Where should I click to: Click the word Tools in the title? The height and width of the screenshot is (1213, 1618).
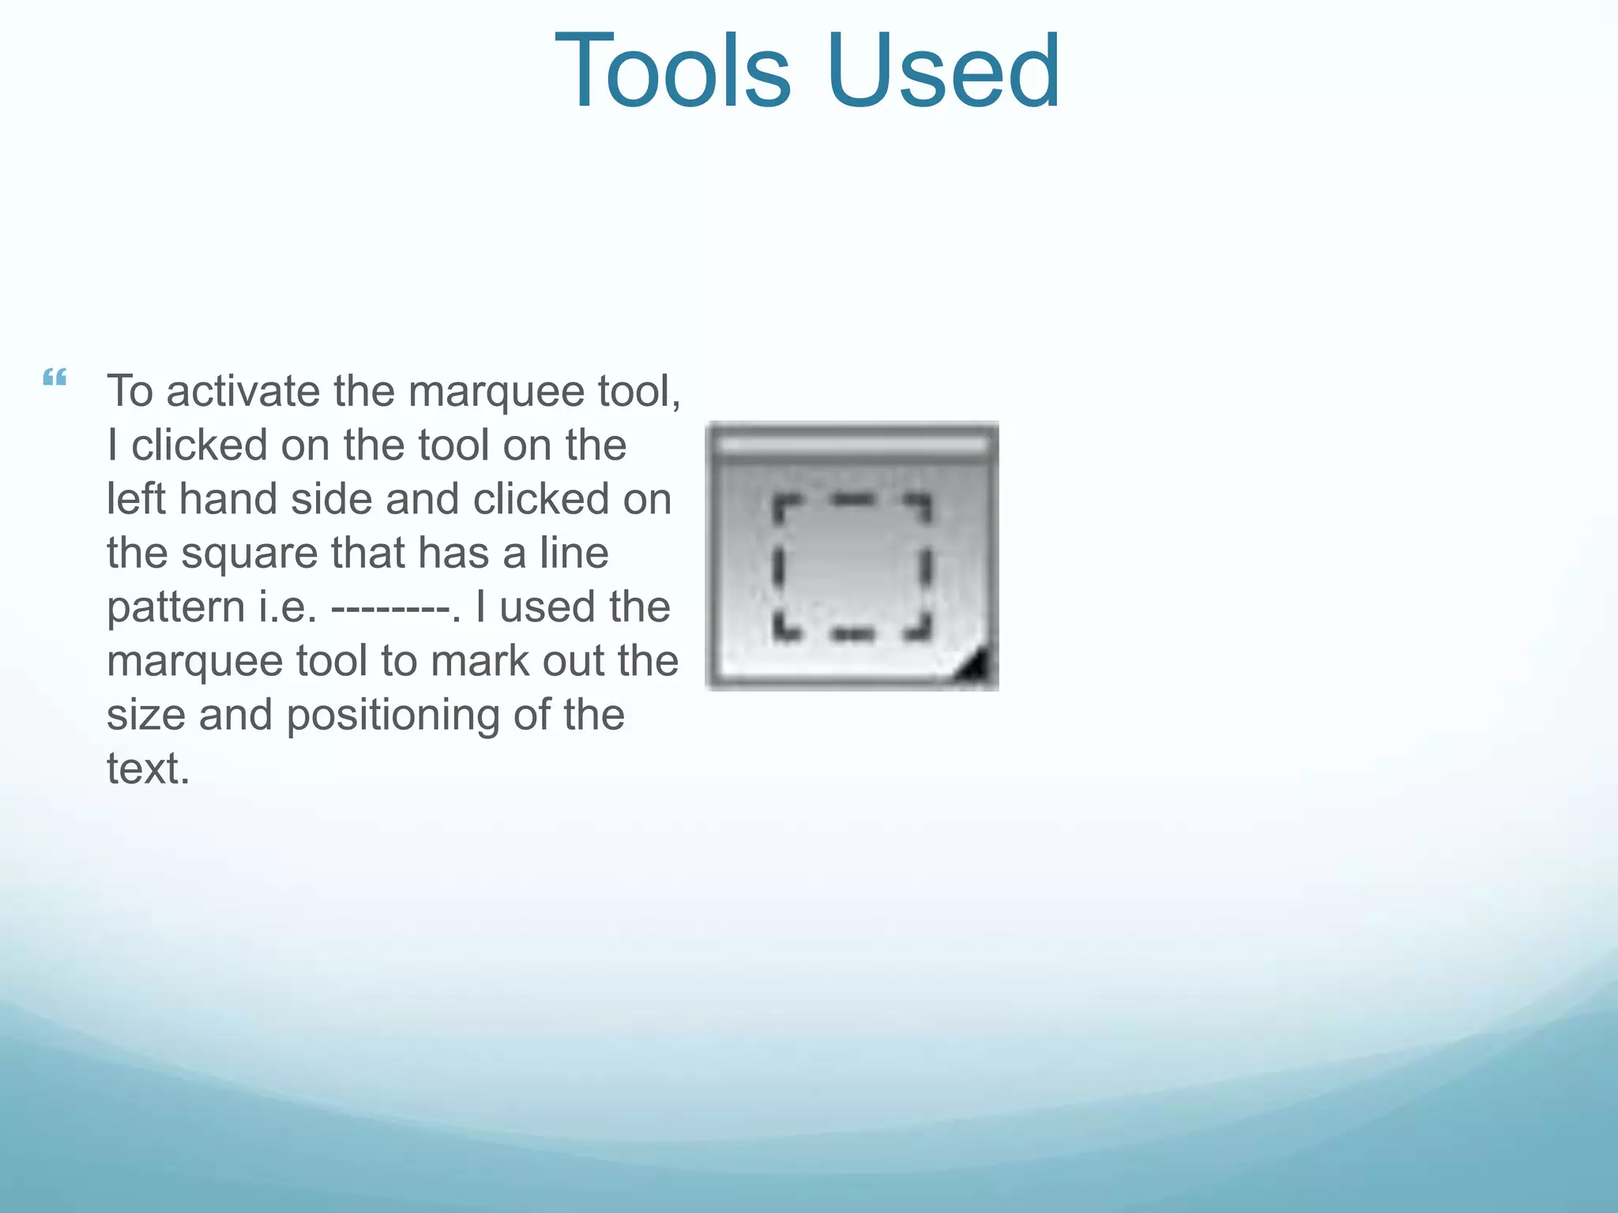pos(672,71)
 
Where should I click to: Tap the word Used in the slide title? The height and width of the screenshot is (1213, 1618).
pos(943,71)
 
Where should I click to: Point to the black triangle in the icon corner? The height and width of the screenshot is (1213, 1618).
pos(973,667)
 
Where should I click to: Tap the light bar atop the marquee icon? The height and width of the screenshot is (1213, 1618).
pos(852,445)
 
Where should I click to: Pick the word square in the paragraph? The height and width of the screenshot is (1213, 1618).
pos(248,553)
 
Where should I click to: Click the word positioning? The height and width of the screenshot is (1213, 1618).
pos(393,715)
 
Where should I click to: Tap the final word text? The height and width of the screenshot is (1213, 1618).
pos(148,768)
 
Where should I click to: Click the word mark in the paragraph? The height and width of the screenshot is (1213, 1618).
pos(481,661)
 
